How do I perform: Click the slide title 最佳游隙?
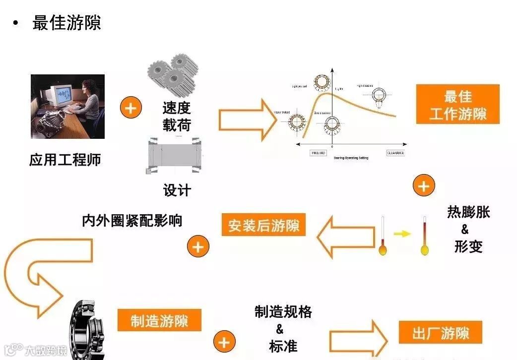click(66, 23)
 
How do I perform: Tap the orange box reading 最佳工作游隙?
click(457, 105)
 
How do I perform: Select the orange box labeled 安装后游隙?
click(263, 226)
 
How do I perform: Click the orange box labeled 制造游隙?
click(159, 320)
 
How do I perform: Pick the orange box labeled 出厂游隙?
click(440, 333)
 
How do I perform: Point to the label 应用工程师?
click(65, 160)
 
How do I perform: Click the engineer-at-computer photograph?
click(67, 106)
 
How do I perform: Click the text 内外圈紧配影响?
click(132, 220)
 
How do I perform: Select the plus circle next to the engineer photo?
click(131, 108)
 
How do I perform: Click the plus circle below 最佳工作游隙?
click(423, 186)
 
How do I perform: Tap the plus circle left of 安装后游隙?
click(198, 246)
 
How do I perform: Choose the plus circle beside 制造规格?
click(224, 342)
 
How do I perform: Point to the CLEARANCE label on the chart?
click(395, 153)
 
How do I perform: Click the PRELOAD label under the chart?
click(318, 153)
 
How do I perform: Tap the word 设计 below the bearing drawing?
click(177, 190)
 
